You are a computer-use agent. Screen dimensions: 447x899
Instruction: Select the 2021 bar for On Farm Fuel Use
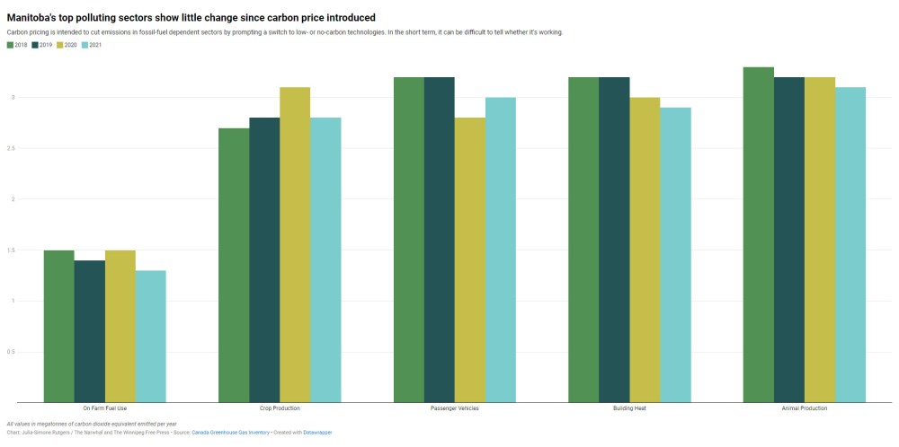150,336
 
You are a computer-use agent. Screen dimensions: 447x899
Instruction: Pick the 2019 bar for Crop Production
264,259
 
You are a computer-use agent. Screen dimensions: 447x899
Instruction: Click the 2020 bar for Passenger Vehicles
469,259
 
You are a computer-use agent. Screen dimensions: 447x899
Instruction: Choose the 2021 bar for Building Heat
675,255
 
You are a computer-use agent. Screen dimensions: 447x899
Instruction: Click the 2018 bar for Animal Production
759,234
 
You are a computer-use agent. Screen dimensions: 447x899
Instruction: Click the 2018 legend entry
17,44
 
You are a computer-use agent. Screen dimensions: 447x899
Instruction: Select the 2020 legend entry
67,44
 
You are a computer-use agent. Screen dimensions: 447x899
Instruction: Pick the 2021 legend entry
93,44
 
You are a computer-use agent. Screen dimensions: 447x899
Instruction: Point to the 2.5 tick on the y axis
10,148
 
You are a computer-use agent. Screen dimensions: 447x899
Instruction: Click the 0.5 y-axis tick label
10,352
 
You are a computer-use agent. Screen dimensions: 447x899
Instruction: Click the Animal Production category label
805,408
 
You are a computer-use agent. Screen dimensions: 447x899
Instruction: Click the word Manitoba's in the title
34,17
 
